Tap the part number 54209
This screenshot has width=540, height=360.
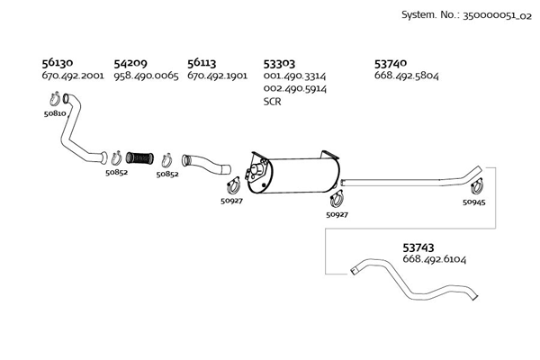[x=130, y=63]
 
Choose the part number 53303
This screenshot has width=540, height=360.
[x=279, y=63]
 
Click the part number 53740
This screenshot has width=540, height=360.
[x=391, y=63]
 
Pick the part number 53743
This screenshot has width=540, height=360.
[x=418, y=246]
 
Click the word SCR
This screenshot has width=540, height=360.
[x=273, y=102]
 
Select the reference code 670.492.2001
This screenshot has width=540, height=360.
[x=73, y=76]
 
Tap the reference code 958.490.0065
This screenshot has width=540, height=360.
[x=146, y=76]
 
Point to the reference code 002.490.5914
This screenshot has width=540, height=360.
[x=294, y=89]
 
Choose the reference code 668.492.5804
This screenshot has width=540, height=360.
[x=406, y=76]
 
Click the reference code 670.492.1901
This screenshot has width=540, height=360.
[x=217, y=76]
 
